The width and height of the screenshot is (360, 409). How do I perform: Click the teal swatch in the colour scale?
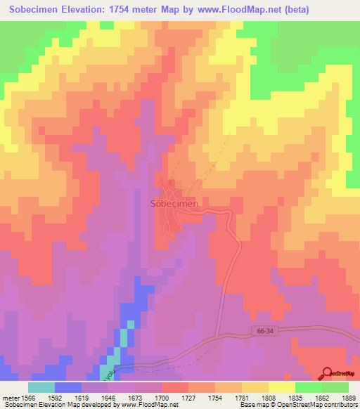click(41, 387)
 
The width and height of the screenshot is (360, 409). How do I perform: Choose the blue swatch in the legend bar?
click(68, 387)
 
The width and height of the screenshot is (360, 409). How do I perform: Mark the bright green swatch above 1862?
click(309, 387)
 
